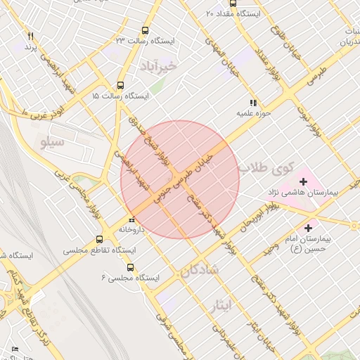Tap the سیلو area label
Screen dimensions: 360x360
coord(53,143)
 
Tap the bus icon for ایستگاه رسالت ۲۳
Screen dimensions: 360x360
coord(145,30)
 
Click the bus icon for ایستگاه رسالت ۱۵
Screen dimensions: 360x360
coord(120,84)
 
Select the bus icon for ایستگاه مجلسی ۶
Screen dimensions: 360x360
coord(130,267)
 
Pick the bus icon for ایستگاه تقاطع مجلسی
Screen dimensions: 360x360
coord(99,239)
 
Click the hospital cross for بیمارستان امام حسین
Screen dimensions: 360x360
coord(308,228)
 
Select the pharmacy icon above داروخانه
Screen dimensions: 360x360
coord(131,219)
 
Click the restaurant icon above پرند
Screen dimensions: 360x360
coord(30,36)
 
